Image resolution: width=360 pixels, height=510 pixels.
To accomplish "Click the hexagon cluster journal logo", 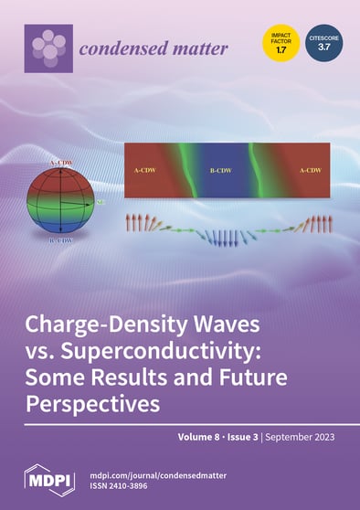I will point(46,47).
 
